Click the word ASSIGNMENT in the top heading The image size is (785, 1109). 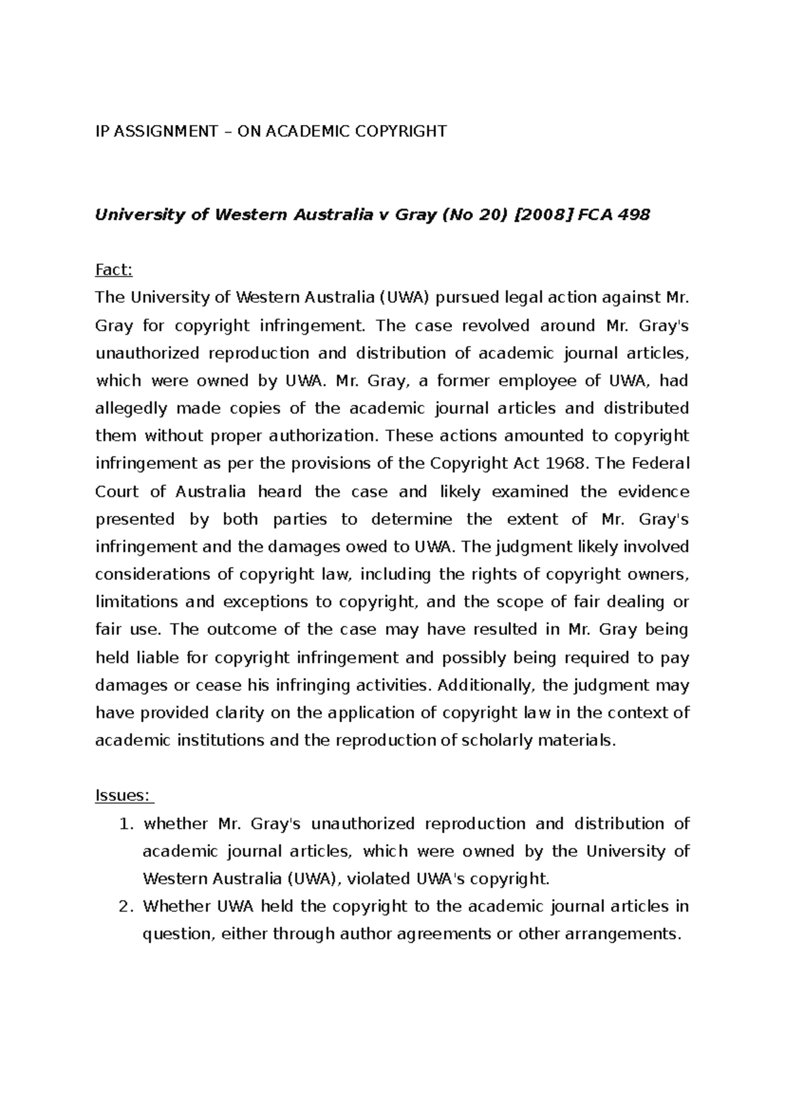[166, 131]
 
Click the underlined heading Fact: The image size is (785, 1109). [114, 270]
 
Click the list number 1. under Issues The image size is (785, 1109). [127, 824]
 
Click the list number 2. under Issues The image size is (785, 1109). [127, 907]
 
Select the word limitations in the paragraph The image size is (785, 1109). [136, 602]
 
